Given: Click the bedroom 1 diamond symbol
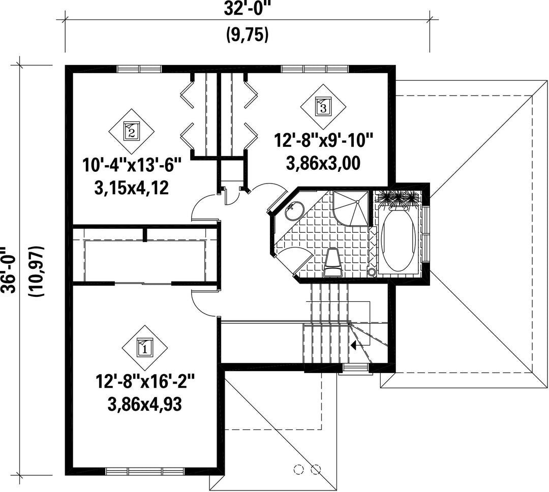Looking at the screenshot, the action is pyautogui.click(x=144, y=347).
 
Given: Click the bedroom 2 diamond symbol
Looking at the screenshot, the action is pyautogui.click(x=131, y=132).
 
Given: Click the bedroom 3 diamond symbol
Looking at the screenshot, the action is pyautogui.click(x=323, y=106).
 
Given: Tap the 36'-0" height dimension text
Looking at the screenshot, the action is pyautogui.click(x=8, y=270).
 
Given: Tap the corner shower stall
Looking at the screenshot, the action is pyautogui.click(x=350, y=208).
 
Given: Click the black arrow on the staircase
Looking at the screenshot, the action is pyautogui.click(x=354, y=346).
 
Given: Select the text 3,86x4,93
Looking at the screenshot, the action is pyautogui.click(x=145, y=405).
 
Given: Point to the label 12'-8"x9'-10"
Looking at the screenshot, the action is pyautogui.click(x=323, y=141).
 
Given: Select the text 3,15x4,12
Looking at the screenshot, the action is pyautogui.click(x=132, y=189).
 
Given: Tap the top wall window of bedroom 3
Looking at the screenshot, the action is pyautogui.click(x=315, y=69).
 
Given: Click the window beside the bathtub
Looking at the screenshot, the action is pyautogui.click(x=426, y=234).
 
